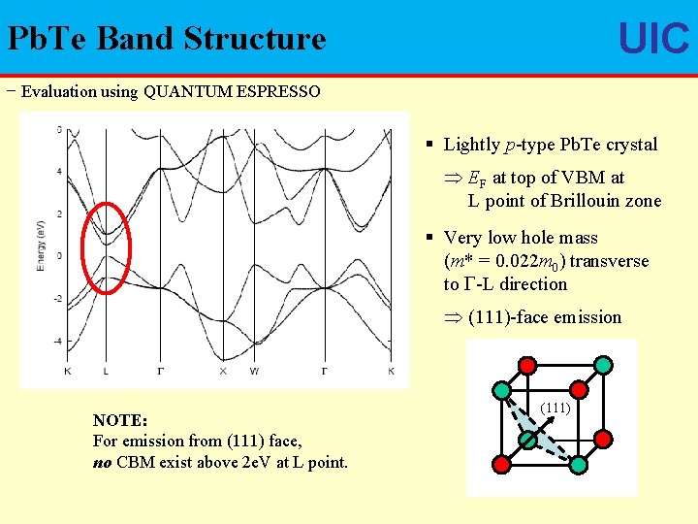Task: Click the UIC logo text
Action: [653, 39]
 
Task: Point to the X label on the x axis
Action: [222, 371]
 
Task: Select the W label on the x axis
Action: [253, 371]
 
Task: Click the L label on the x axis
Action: [106, 371]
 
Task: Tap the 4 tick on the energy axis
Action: [59, 172]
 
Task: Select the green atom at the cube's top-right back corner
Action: [603, 365]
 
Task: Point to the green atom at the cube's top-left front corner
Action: [503, 390]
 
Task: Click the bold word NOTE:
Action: [119, 420]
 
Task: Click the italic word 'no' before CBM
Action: [102, 462]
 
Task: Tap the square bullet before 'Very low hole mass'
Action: [430, 238]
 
